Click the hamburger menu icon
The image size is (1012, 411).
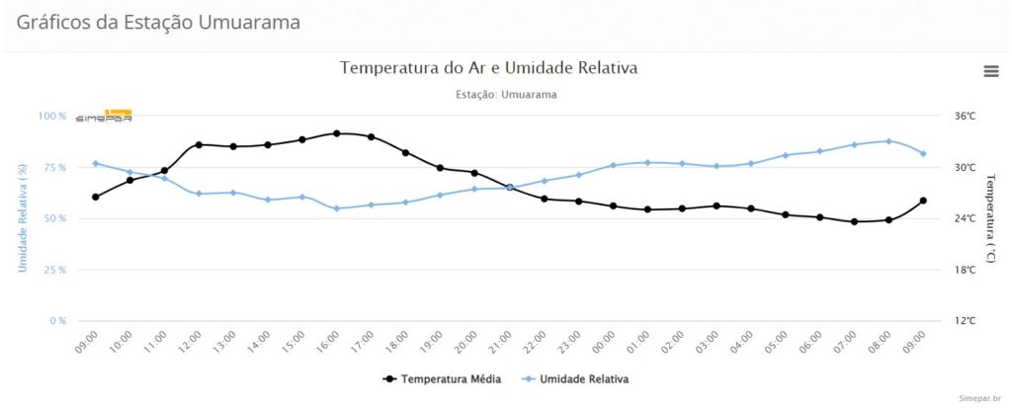tap(990, 70)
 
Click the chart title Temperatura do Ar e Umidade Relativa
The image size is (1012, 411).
tap(489, 68)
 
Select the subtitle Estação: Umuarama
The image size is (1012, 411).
tap(506, 95)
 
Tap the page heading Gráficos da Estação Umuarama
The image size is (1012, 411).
tap(158, 22)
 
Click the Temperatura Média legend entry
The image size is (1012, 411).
tap(443, 378)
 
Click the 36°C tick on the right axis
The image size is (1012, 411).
tap(965, 117)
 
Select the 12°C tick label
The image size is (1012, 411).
tap(965, 321)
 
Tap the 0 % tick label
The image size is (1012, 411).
tap(56, 321)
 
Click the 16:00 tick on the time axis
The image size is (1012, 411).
tap(330, 342)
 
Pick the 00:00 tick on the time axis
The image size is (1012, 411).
tap(606, 342)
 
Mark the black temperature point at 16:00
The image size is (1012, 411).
tap(337, 133)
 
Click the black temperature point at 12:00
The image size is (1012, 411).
tap(199, 145)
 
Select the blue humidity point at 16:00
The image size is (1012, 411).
tap(337, 208)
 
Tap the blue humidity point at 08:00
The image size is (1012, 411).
tap(888, 141)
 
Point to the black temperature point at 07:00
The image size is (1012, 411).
tap(854, 222)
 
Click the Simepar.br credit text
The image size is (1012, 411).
tap(980, 397)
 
